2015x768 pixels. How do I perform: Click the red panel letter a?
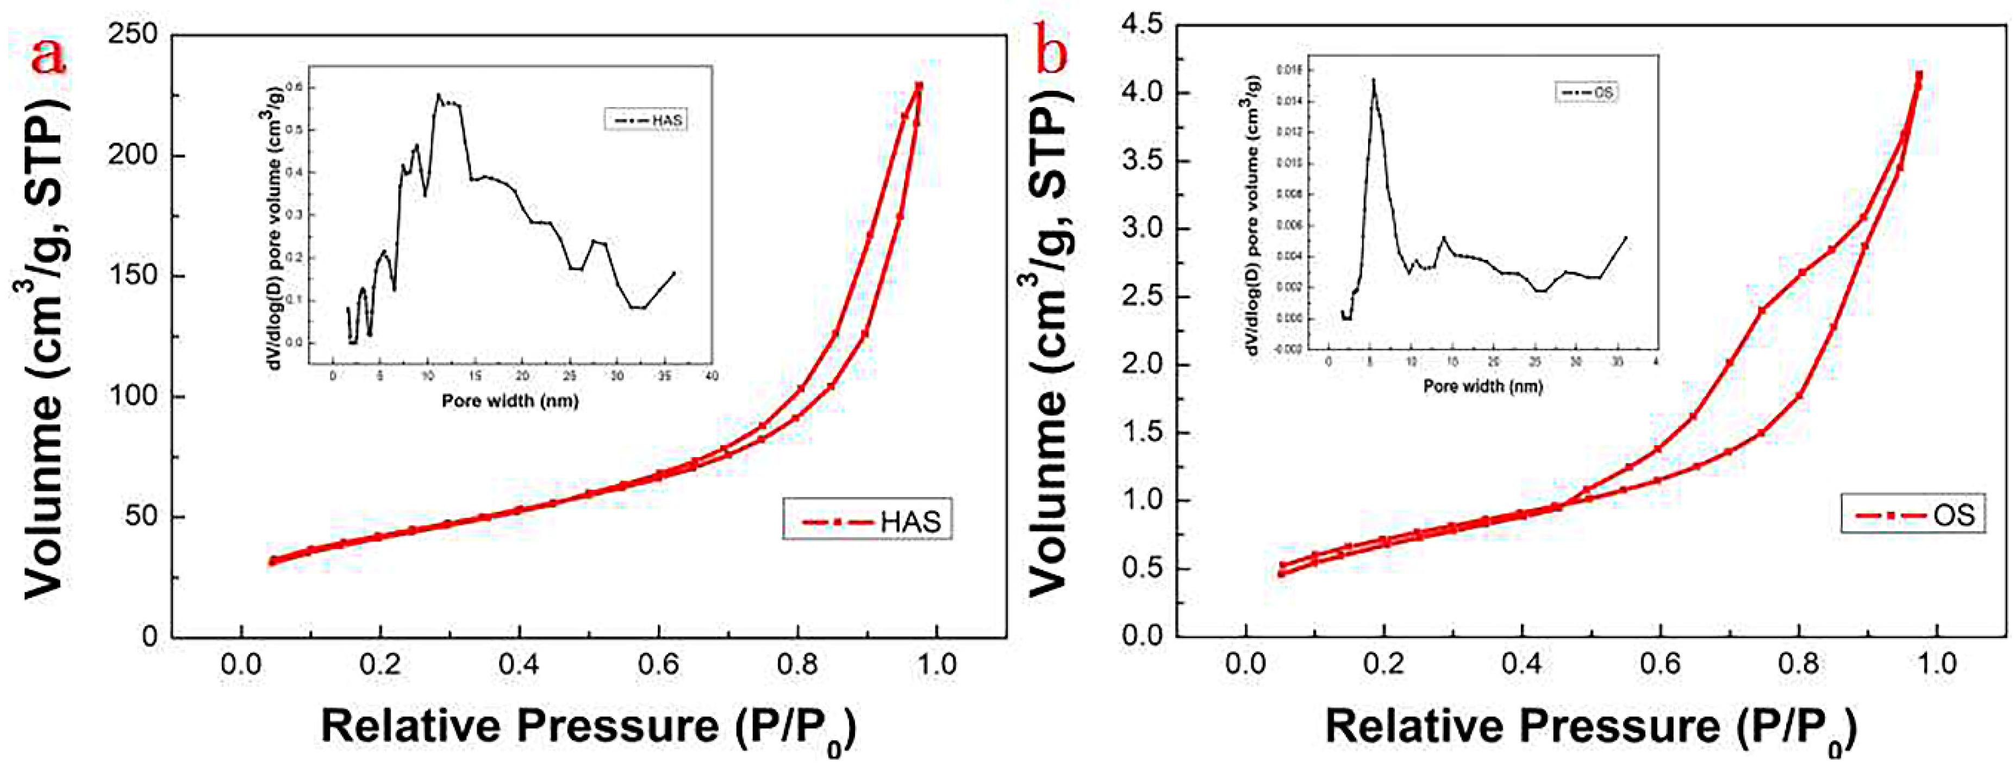[48, 55]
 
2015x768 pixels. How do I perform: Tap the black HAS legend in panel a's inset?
[646, 120]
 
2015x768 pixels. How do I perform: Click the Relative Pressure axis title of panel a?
[588, 726]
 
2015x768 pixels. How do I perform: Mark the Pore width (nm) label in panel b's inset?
[1482, 385]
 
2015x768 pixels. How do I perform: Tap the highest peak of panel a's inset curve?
[439, 95]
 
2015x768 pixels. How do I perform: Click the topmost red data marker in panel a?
[919, 85]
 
